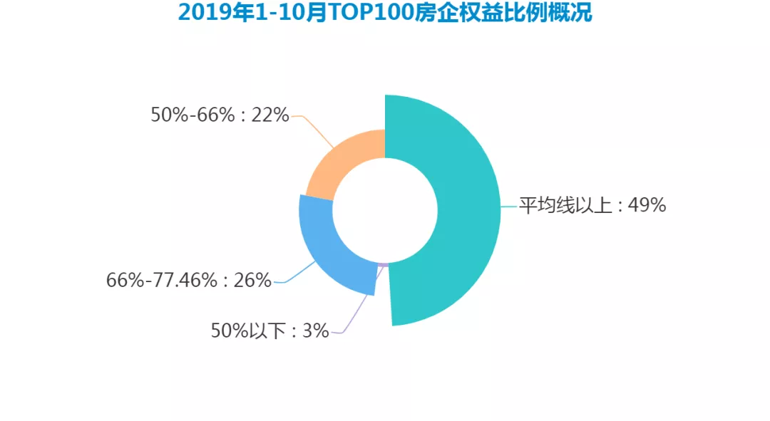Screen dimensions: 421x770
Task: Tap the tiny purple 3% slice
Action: pyautogui.click(x=384, y=265)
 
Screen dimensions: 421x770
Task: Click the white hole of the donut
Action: pyautogui.click(x=385, y=210)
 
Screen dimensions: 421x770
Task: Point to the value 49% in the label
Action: pyautogui.click(x=647, y=206)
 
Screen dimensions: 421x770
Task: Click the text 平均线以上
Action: pyautogui.click(x=565, y=206)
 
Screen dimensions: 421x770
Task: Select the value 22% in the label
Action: pyautogui.click(x=270, y=115)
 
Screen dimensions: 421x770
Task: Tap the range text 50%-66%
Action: pyautogui.click(x=192, y=115)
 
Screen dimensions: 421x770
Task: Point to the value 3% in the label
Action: pyautogui.click(x=316, y=331)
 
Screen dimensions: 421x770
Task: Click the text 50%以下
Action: pyautogui.click(x=248, y=331)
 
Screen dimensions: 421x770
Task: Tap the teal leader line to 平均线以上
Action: pyautogui.click(x=508, y=207)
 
